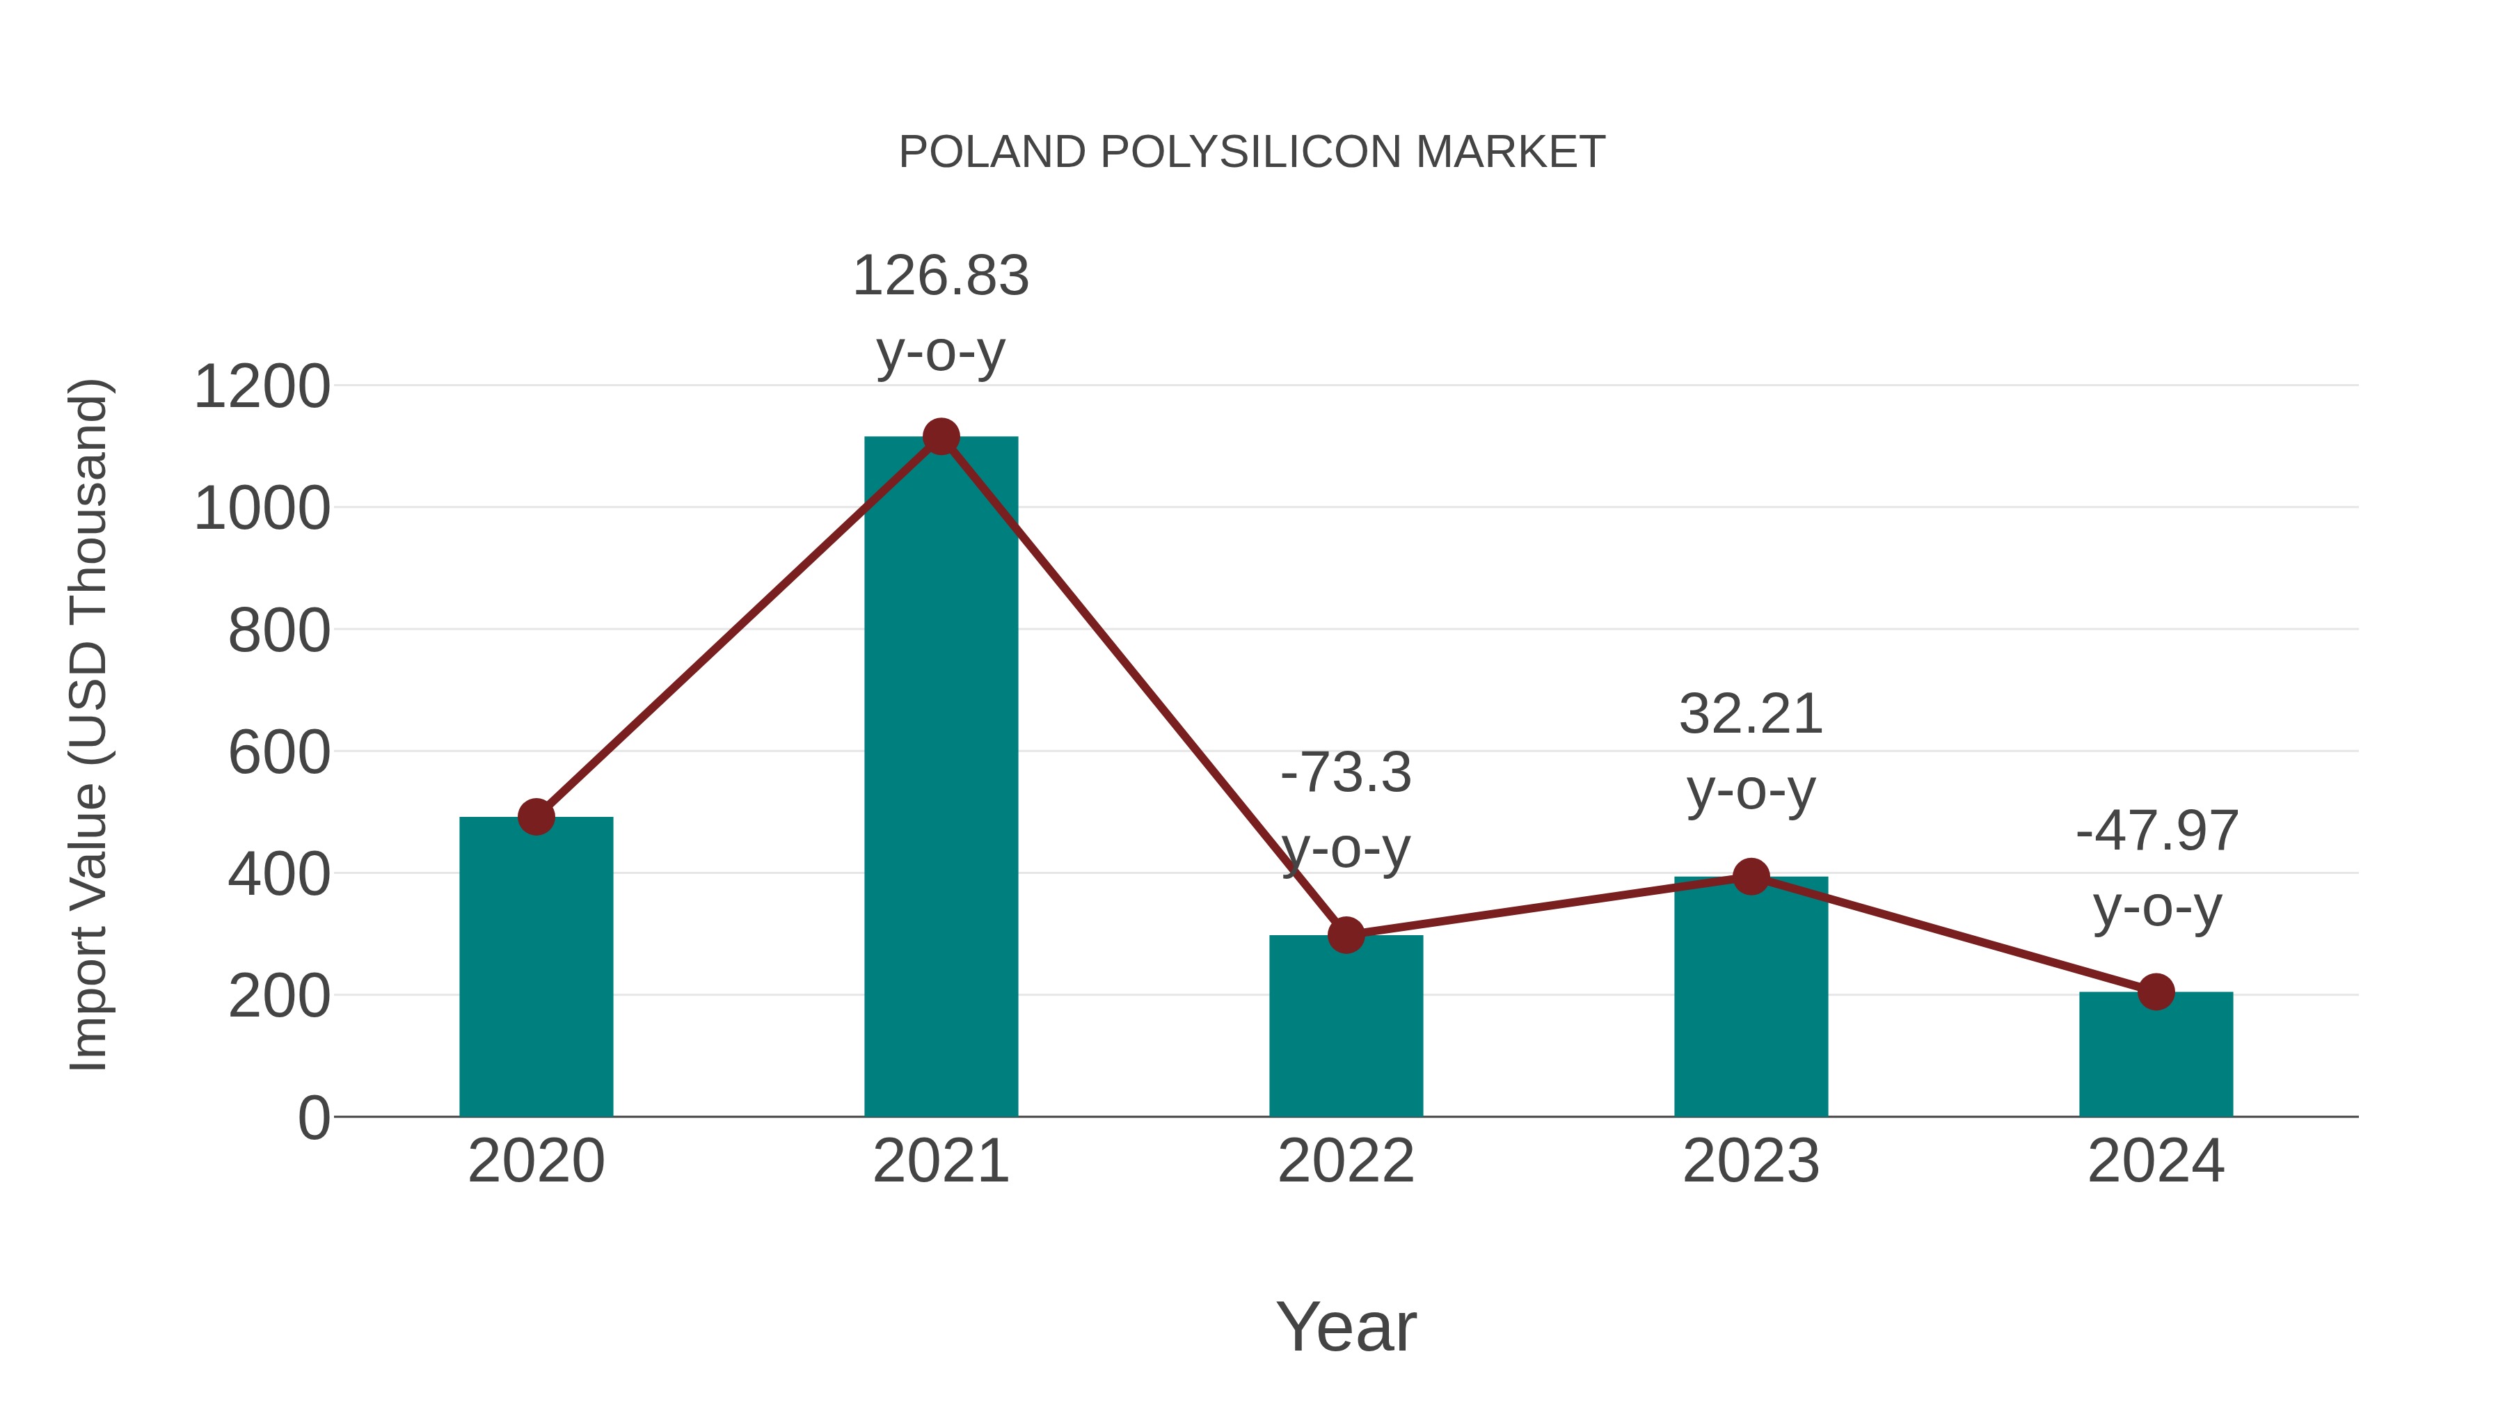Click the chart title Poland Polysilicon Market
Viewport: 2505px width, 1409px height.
point(1252,152)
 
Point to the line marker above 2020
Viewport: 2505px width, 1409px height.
point(536,817)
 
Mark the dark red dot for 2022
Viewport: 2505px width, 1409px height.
point(1346,935)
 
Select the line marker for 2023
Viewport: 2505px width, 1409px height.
point(1751,877)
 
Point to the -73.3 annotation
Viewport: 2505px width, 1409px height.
point(1346,774)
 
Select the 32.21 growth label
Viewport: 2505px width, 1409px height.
point(1751,716)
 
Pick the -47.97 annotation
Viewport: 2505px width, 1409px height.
point(2156,831)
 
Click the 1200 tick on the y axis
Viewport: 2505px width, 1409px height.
point(262,387)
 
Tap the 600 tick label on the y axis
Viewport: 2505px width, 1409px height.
point(279,753)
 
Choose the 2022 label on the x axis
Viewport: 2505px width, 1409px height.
point(1346,1161)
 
